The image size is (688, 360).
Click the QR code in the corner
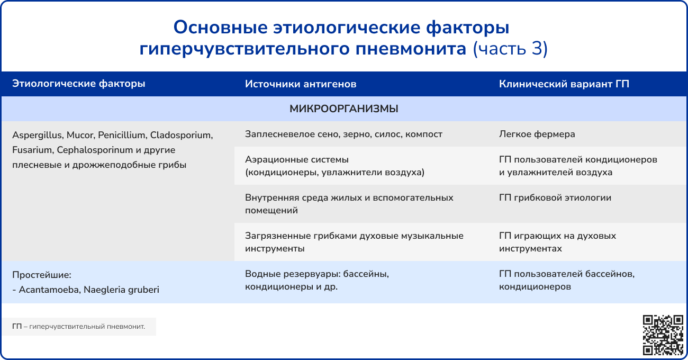coord(663,335)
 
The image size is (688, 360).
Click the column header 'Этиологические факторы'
coord(79,84)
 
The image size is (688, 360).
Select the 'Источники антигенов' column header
coord(301,84)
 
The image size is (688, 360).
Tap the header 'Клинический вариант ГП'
coord(564,84)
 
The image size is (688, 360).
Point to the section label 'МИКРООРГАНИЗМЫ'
coord(343,109)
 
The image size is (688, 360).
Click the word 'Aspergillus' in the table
coord(38,135)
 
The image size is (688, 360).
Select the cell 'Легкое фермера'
coord(537,134)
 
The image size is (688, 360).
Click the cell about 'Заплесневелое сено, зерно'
coord(343,134)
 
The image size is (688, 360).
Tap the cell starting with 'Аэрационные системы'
coord(335,166)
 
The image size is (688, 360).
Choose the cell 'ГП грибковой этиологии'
coord(555,197)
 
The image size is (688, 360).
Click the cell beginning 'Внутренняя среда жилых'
coord(349,204)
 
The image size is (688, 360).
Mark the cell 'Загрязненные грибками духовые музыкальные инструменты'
coord(354,242)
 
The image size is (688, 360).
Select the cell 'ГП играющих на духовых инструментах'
coord(557,242)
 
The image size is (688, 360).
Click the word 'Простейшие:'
coord(42,275)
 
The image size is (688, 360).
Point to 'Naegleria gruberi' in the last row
coord(121,290)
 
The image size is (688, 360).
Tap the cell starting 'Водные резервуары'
coord(317,280)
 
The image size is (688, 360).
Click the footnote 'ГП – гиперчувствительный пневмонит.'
coord(79,327)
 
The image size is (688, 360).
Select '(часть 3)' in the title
coord(510,49)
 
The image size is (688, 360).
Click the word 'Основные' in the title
coord(221,28)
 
